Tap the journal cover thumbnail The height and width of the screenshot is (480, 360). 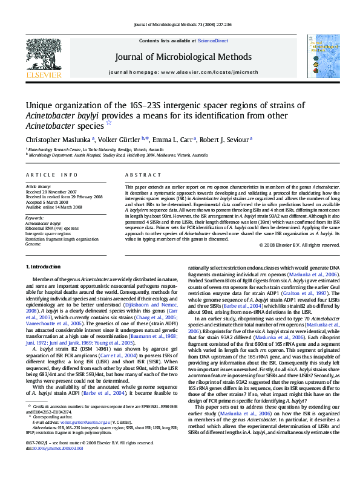(x=319, y=57)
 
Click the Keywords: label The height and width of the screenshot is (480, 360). (x=34, y=217)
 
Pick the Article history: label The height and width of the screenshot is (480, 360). (x=39, y=187)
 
